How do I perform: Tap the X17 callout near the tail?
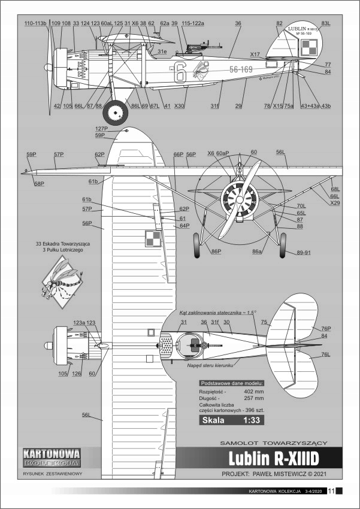(x=255, y=54)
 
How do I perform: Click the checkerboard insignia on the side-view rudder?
(x=307, y=46)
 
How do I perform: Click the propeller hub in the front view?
(x=239, y=197)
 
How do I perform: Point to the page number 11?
(x=331, y=492)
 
